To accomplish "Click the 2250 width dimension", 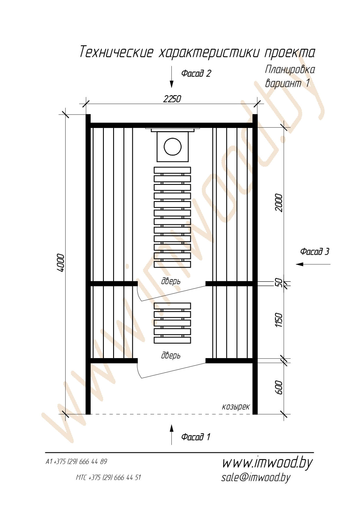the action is click(172, 99).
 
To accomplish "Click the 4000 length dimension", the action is click(61, 263).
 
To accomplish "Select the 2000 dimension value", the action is click(278, 203).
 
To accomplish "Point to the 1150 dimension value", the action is click(278, 320).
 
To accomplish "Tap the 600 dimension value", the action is click(278, 387).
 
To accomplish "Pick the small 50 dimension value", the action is click(278, 282).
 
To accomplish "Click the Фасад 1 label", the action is click(196, 437).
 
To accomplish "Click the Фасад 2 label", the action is click(196, 73).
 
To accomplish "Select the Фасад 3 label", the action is click(315, 251).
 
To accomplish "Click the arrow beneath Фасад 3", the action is click(313, 264).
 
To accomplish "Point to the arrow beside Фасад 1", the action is click(171, 434).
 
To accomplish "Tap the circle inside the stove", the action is click(173, 147).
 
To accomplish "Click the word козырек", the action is click(236, 407).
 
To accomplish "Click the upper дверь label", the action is click(171, 281).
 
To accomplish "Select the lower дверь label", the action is click(171, 355).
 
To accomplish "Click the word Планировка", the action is click(290, 70).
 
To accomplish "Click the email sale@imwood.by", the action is click(256, 477).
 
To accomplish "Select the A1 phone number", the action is click(77, 461).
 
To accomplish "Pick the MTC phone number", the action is click(108, 477).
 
